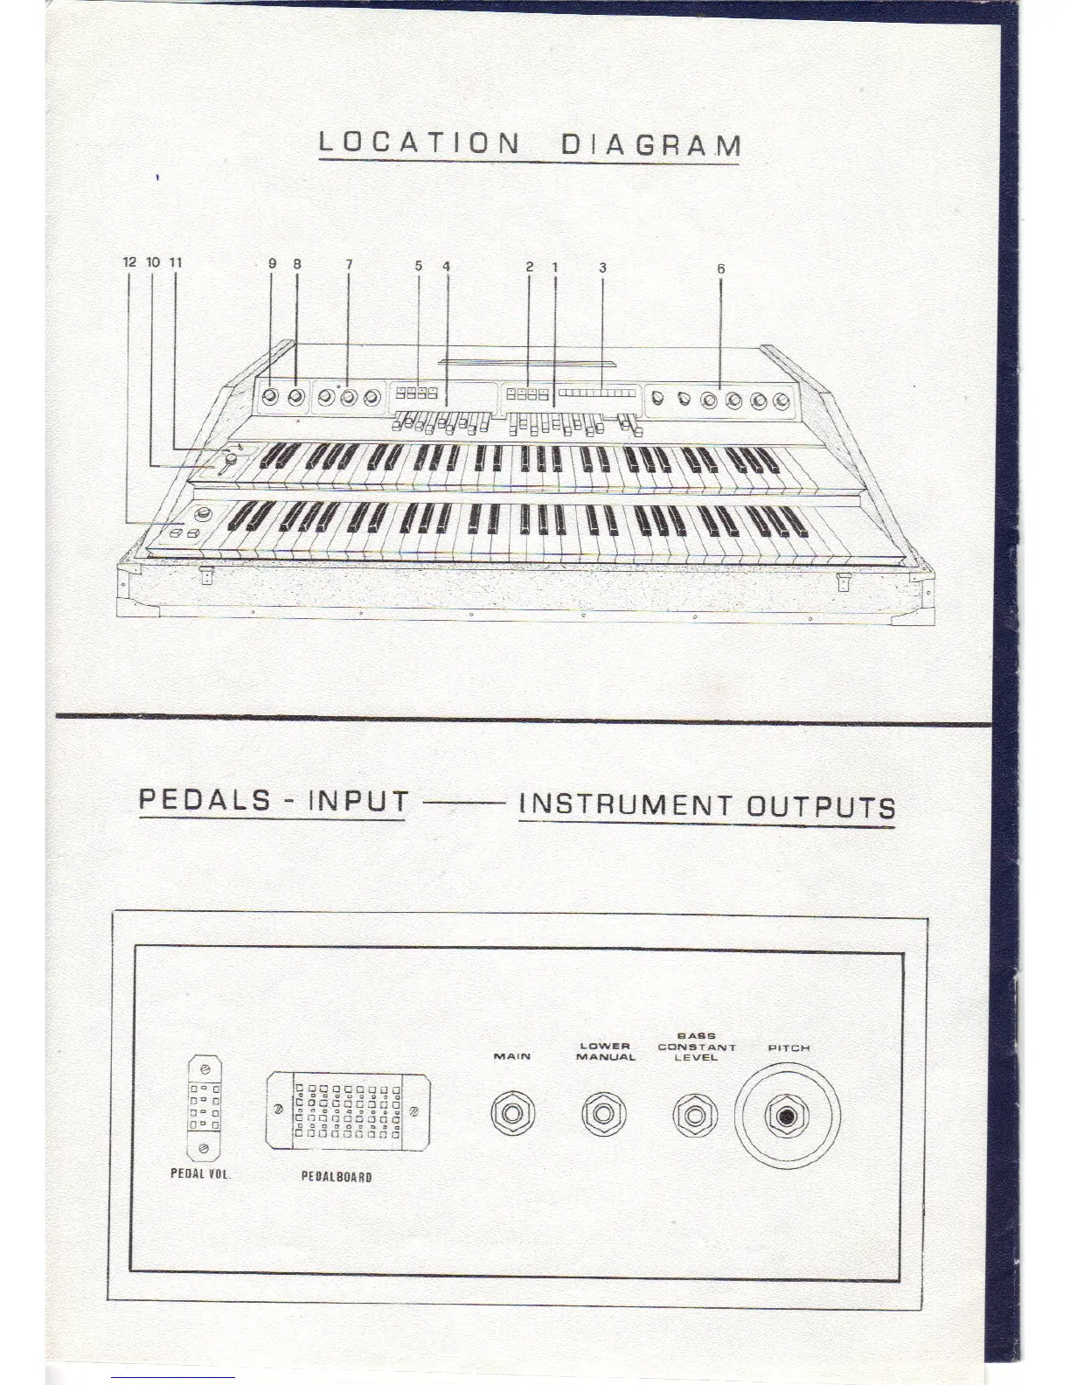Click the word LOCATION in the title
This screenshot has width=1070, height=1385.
419,142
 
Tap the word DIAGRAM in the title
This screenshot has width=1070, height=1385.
650,144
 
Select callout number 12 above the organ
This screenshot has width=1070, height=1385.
130,261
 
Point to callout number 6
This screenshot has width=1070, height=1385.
720,269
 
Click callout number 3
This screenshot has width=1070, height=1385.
602,268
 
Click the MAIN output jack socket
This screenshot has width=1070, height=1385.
512,1114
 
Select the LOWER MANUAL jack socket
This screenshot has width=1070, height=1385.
603,1114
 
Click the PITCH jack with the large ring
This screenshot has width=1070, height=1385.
788,1117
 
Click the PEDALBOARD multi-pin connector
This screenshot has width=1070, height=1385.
347,1111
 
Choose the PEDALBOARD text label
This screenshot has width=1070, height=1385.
337,1177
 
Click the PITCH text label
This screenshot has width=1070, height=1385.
789,1047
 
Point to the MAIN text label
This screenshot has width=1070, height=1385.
512,1056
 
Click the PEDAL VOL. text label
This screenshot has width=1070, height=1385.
200,1173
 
